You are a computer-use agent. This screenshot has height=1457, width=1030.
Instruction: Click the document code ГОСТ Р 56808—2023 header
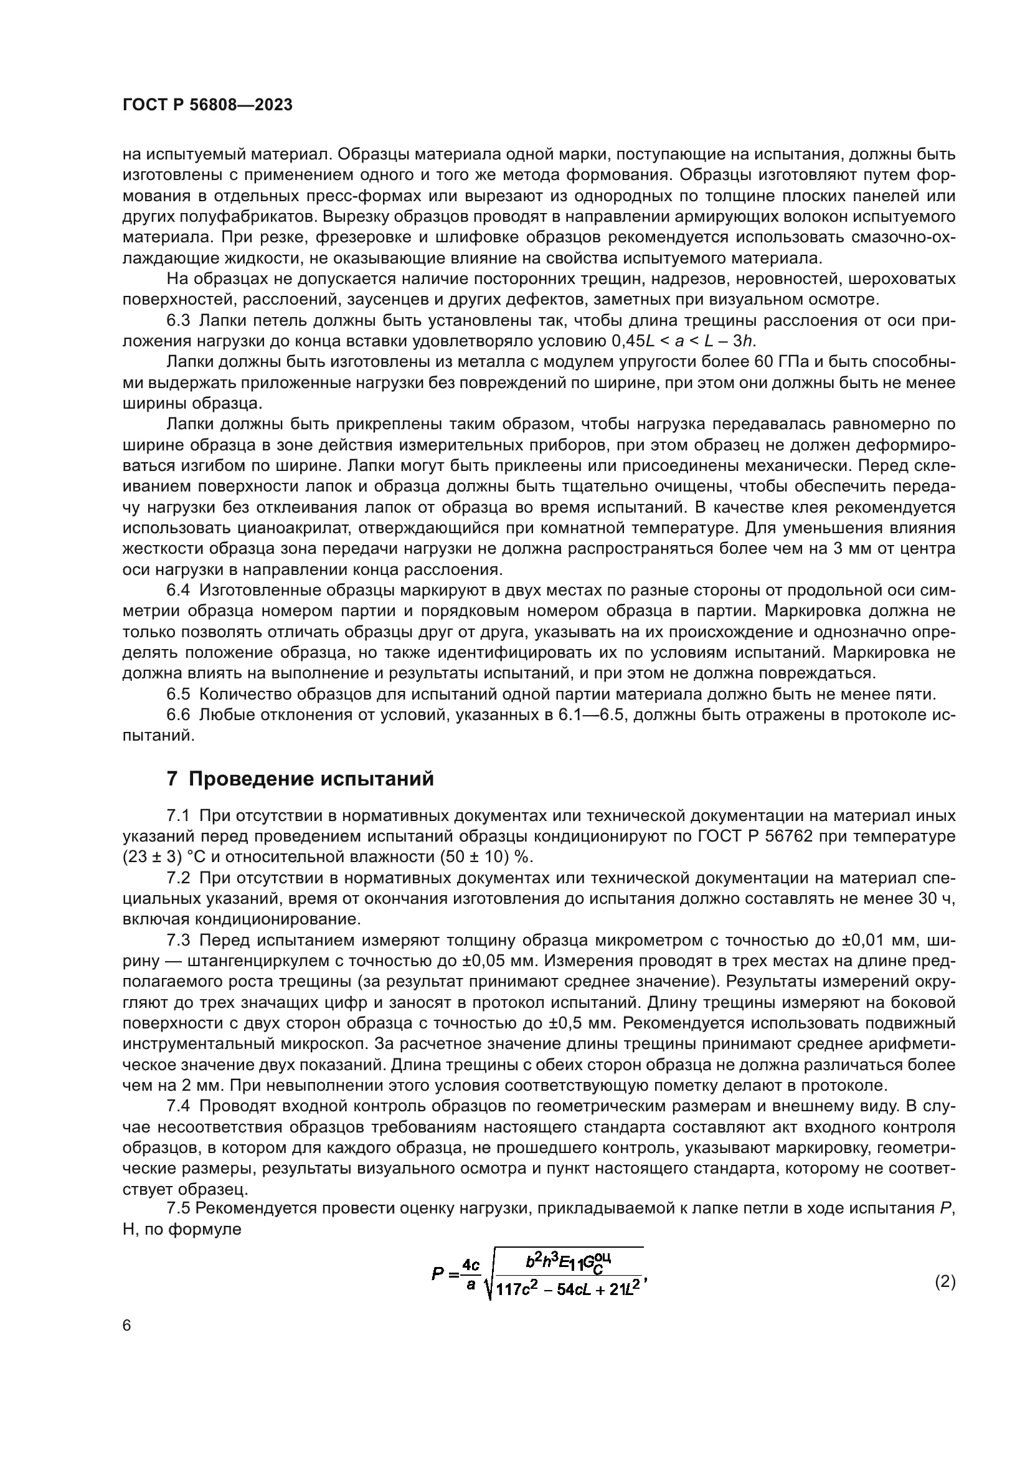coord(207,105)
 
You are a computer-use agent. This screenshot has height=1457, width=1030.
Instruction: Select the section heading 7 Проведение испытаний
coord(300,778)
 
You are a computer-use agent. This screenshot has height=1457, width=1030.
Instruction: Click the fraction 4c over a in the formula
coord(470,1274)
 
